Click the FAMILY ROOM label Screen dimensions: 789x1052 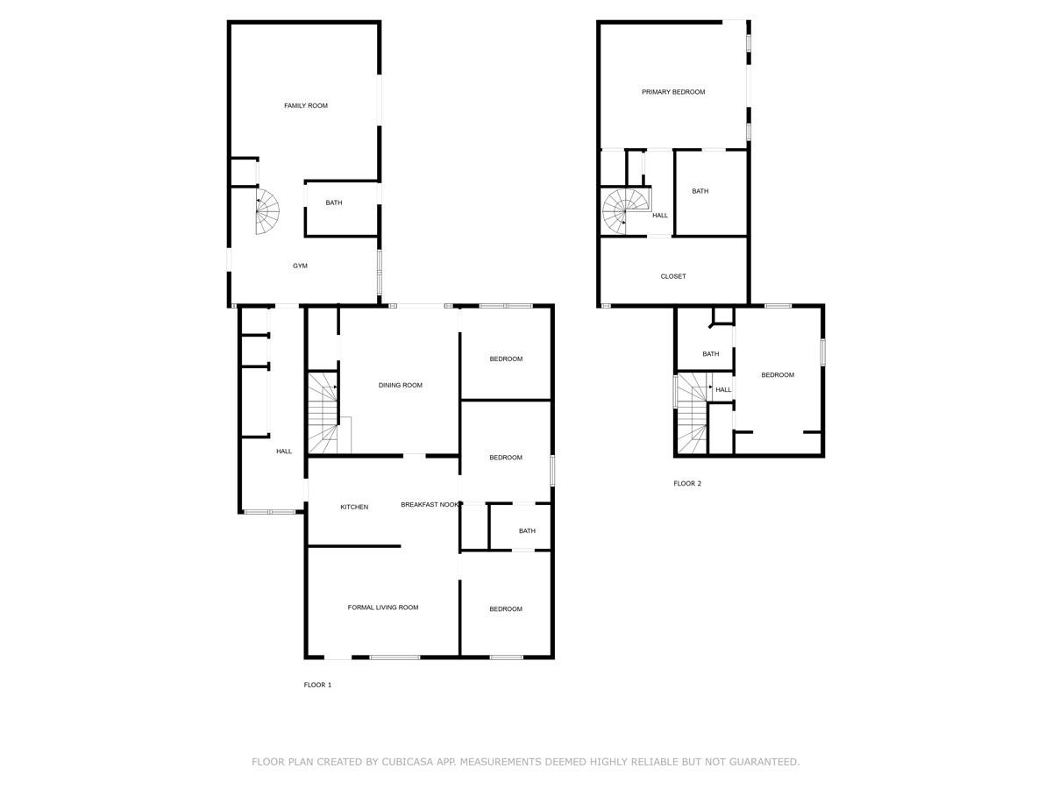coord(306,106)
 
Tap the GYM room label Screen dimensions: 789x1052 coord(300,266)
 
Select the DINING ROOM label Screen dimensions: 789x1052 coord(400,386)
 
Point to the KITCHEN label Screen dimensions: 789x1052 coord(354,508)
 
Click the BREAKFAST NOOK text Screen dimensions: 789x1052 coord(430,505)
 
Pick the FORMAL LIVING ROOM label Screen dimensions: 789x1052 coord(383,608)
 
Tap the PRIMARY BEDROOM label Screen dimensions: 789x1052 coord(673,92)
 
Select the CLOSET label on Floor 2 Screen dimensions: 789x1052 coord(673,277)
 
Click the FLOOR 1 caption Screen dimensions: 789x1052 coord(317,686)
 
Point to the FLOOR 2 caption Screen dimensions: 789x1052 coord(687,484)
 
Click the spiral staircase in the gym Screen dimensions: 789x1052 coord(267,212)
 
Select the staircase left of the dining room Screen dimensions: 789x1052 coord(323,412)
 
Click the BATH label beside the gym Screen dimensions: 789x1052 coord(334,203)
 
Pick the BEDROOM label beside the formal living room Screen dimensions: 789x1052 coord(506,609)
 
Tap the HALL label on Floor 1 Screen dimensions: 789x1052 coord(284,451)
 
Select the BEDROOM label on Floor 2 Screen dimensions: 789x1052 coord(778,375)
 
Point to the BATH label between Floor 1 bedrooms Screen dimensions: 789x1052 coord(527,531)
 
